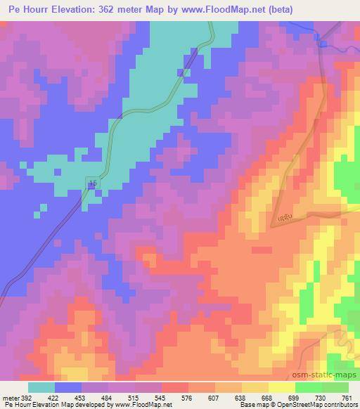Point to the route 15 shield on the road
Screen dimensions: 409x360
coord(93,183)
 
